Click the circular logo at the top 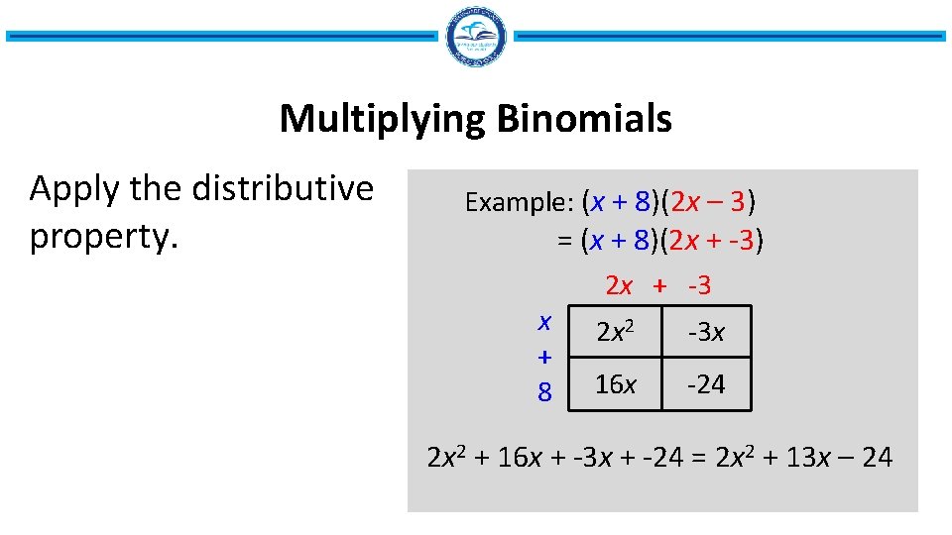coord(476,37)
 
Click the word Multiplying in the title coord(381,120)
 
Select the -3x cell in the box coord(706,333)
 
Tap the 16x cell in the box coord(617,383)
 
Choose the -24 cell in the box coord(706,383)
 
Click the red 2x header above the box coord(619,286)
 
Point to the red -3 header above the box coord(698,286)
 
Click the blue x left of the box coord(544,321)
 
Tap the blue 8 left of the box coord(544,392)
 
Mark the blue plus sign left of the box coord(544,356)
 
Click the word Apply coord(72,188)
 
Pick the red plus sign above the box coord(658,286)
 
